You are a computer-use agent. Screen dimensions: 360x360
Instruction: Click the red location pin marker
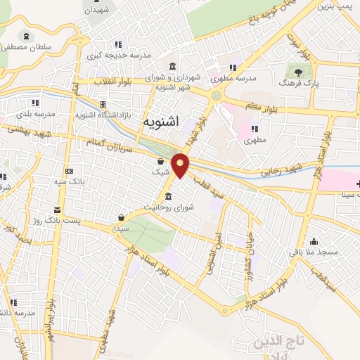[181, 165]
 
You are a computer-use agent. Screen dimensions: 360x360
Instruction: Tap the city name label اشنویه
[161, 122]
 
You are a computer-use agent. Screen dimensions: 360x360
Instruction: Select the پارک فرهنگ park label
[298, 83]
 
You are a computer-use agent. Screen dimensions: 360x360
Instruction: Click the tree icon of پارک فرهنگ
[299, 71]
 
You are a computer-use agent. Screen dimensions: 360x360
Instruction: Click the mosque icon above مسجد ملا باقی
[314, 240]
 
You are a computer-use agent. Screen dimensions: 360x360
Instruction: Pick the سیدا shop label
[122, 229]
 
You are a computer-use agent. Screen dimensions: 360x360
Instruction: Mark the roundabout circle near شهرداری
[217, 95]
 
